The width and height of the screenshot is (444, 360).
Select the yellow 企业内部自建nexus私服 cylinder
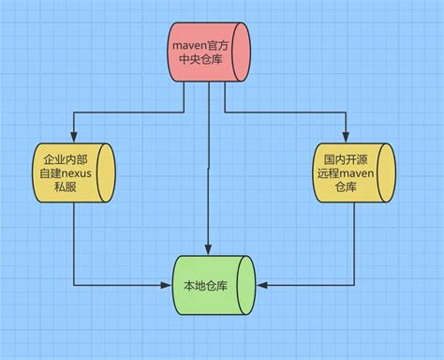[x=72, y=174]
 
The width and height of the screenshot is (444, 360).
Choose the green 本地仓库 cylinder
[x=213, y=285]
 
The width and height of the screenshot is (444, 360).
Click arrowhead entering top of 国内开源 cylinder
[x=346, y=139]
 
